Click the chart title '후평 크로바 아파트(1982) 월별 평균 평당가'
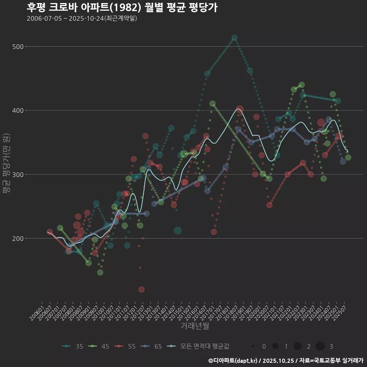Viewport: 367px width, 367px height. tap(122, 8)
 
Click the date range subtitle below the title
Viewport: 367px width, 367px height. tap(82, 18)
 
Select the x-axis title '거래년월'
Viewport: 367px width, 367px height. tap(195, 326)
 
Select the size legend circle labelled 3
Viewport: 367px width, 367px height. tap(320, 346)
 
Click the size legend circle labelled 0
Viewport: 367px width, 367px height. tap(253, 346)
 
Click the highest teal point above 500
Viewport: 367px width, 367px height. tap(234, 38)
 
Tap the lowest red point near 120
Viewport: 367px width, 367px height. tap(141, 289)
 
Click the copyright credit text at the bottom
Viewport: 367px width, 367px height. tap(286, 360)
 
